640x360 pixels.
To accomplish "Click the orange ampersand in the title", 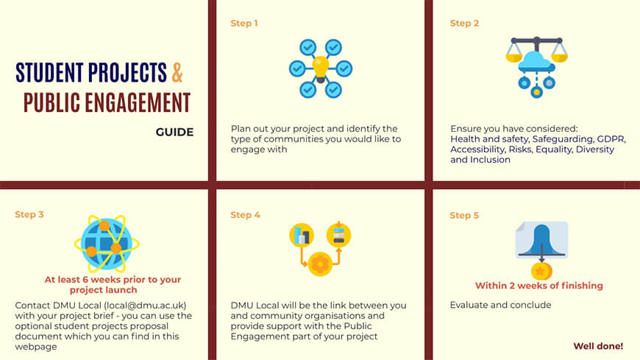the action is pos(177,72).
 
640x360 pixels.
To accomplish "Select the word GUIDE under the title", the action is pos(174,132).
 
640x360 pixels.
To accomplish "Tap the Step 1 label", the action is pos(244,24).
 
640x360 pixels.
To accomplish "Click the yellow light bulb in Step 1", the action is pos(321,68).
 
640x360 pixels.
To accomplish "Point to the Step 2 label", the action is pos(464,24).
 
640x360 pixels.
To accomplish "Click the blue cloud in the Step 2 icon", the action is pos(536,62).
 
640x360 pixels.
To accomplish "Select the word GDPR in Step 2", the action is pos(611,139).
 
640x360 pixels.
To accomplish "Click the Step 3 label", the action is pos(29,214).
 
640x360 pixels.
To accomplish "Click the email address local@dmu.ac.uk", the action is pos(145,306).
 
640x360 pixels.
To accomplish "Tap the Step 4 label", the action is pos(245,215).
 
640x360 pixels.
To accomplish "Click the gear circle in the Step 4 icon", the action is pos(321,264).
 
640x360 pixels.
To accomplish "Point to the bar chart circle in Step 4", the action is pos(302,236).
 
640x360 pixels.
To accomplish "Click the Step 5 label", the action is pos(464,216).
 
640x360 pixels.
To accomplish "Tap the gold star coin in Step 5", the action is pos(541,271).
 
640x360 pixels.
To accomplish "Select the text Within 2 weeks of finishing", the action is pos(538,286).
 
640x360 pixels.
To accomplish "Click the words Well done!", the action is pos(598,346).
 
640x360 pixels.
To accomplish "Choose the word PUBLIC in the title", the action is pos(51,102).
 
